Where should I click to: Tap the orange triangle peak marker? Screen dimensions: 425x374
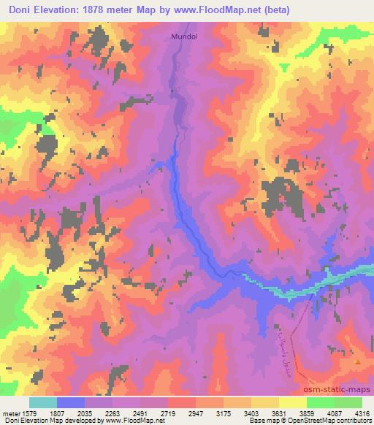click(357, 361)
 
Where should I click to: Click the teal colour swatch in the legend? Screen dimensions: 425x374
click(43, 402)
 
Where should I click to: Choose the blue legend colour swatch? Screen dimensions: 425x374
click(71, 402)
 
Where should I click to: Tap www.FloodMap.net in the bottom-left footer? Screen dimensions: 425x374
click(133, 421)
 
